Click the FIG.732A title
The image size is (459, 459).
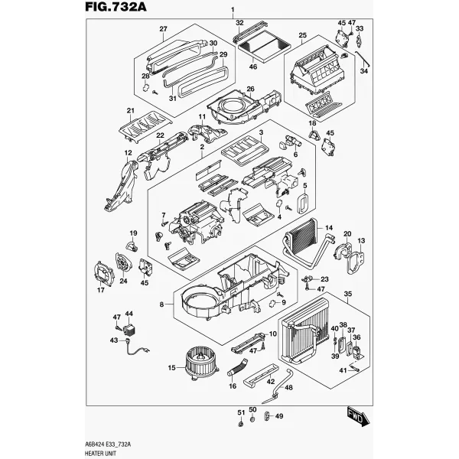[116, 6]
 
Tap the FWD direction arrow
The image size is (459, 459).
[358, 416]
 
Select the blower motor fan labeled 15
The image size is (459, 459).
[200, 363]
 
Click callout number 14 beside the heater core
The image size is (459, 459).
[329, 227]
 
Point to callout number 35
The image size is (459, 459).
[348, 294]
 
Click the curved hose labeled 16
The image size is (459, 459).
[237, 368]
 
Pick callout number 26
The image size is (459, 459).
[250, 89]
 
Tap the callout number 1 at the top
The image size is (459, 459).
[233, 10]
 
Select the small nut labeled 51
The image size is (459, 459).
[240, 424]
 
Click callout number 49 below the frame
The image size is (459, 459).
[279, 415]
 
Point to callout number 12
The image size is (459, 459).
[128, 152]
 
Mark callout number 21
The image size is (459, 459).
[130, 111]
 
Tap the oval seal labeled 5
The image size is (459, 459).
[303, 203]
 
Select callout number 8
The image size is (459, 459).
[162, 304]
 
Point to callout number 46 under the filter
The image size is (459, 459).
[253, 67]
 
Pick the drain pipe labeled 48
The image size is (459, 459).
[278, 388]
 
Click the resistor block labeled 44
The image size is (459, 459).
[129, 330]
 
